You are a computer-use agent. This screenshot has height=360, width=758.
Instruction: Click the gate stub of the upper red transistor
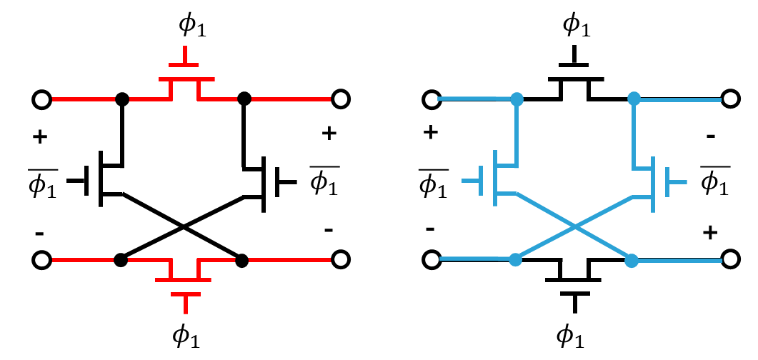(184, 55)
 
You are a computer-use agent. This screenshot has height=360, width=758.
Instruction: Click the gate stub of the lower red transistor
(186, 304)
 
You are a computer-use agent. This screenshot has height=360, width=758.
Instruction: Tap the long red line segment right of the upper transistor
(291, 99)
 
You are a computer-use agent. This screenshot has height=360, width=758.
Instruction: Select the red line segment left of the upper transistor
(84, 99)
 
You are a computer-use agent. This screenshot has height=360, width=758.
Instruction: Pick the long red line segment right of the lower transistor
(289, 260)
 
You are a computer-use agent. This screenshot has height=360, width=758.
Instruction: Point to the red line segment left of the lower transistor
(83, 260)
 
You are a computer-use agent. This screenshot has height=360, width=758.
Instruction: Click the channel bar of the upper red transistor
(186, 79)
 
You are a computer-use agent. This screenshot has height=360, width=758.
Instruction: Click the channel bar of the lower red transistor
(184, 280)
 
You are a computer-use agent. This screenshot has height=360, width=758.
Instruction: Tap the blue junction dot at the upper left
(517, 99)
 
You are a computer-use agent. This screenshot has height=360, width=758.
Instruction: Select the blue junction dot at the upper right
(634, 99)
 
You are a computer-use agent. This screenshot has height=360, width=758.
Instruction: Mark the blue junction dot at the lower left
(515, 259)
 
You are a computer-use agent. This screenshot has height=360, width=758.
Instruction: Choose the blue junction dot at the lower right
(632, 261)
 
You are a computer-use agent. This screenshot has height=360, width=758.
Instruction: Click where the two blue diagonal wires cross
(574, 226)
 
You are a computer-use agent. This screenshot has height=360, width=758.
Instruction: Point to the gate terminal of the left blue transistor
(472, 181)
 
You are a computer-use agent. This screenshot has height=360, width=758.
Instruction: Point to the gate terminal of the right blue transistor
(677, 182)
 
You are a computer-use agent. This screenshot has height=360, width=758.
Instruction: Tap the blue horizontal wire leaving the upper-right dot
(679, 100)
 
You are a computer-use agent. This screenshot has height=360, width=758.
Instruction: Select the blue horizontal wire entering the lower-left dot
(475, 259)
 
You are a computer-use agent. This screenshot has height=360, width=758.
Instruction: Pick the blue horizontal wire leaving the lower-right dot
(679, 261)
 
